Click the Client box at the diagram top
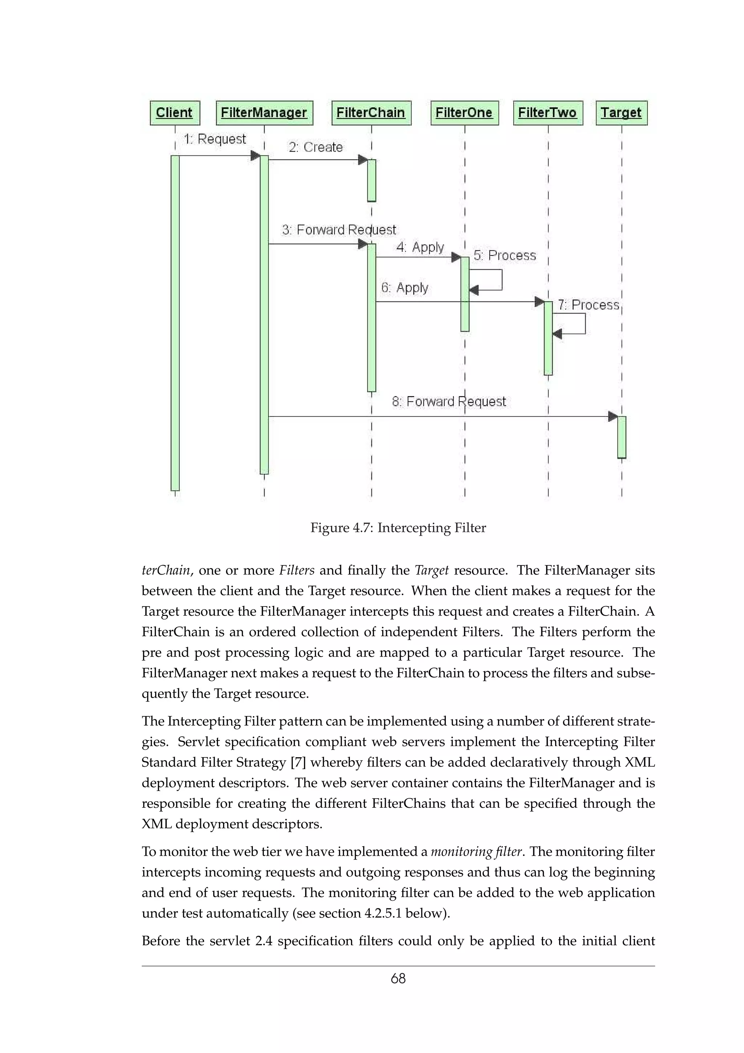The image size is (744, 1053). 175,113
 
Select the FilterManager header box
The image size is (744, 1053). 264,113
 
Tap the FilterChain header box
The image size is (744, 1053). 371,113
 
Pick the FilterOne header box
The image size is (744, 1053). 464,113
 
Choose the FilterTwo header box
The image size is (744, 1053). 547,113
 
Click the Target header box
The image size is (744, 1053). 621,113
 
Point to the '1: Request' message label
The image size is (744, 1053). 215,138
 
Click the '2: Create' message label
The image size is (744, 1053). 315,147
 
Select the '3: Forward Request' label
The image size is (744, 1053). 339,229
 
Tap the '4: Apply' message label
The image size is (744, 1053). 420,247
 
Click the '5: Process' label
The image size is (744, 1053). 504,255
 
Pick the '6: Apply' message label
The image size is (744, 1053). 404,287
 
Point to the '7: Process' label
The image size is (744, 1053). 588,305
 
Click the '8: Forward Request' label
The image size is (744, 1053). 449,402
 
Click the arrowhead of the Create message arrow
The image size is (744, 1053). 363,160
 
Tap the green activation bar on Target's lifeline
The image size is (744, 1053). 621,437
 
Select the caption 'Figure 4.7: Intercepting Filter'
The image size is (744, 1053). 398,528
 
